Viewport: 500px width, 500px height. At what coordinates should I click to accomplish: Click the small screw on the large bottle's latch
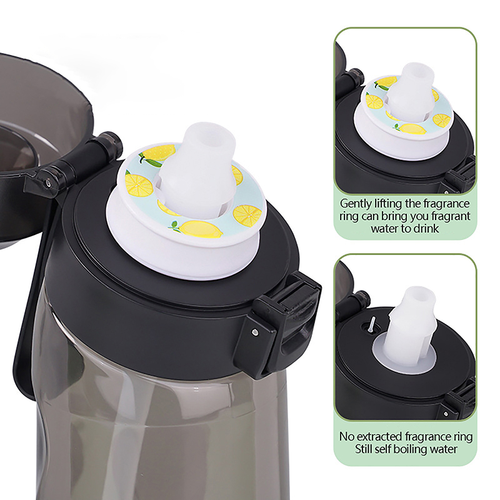(x=255, y=332)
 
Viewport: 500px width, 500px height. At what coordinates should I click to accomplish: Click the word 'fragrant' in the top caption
(x=450, y=216)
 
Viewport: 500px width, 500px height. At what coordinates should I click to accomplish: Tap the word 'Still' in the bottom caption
(x=362, y=449)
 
